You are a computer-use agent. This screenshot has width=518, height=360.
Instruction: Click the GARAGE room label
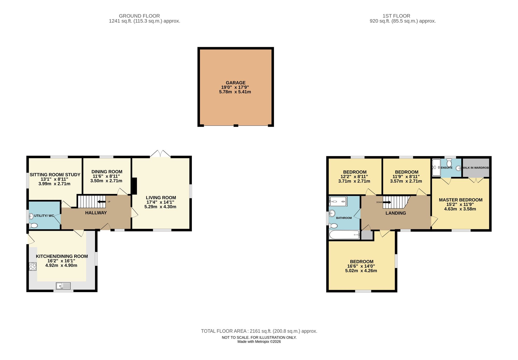pos(235,83)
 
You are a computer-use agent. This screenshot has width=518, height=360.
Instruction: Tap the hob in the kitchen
pos(33,267)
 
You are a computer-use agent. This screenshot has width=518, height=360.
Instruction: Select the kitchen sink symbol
pos(63,286)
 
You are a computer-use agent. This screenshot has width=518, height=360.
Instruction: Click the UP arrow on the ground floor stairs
pos(102,202)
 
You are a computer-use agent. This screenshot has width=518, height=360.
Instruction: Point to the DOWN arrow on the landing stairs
pos(387,202)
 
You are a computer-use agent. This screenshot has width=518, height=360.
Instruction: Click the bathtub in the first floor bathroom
pos(344,235)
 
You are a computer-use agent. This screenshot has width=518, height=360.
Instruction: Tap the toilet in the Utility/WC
pos(33,226)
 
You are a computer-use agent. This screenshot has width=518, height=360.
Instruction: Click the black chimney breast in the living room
pos(134,186)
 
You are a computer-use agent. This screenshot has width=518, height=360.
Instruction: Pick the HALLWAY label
pos(96,213)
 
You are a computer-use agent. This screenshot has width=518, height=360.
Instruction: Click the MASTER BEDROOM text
pos(461,200)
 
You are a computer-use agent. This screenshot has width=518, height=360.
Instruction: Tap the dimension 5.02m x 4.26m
pos(361,271)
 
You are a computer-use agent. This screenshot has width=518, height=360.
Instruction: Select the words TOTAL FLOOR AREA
pos(224,331)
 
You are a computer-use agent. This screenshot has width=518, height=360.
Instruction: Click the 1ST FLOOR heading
pos(396,16)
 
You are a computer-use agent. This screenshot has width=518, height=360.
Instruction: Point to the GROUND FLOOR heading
pos(139,16)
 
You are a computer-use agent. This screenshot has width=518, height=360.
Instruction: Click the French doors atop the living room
pos(160,154)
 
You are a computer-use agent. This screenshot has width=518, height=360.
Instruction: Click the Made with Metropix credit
pos(259,342)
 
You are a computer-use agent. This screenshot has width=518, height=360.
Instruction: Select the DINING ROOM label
pos(107,172)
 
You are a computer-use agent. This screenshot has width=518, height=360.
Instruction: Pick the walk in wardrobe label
pos(476,168)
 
